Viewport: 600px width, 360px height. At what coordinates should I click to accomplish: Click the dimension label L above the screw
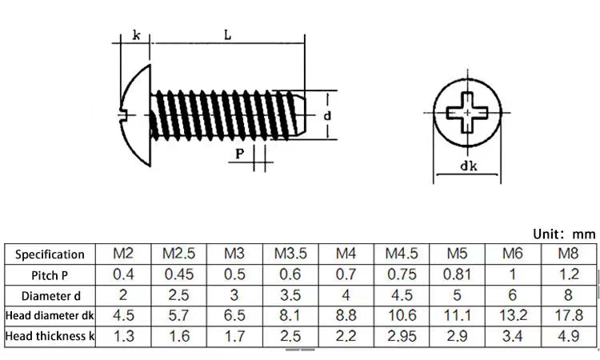[x=228, y=35]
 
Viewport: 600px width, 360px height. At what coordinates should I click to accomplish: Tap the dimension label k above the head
[x=137, y=35]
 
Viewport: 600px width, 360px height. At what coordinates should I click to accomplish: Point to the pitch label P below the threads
[x=239, y=154]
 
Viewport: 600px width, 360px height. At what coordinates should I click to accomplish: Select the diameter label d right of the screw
[x=327, y=115]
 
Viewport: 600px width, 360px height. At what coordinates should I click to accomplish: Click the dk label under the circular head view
[x=468, y=166]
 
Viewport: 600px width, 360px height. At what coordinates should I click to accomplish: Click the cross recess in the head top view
[x=467, y=113]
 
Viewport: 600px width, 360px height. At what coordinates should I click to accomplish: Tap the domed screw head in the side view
[x=134, y=115]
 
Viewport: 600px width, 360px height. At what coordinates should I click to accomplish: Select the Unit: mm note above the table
[x=565, y=234]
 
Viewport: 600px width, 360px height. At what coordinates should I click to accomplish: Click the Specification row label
[x=50, y=254]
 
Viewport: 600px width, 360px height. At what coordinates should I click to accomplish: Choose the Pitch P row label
[x=50, y=275]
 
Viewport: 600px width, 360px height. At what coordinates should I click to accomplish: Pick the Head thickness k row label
[x=50, y=336]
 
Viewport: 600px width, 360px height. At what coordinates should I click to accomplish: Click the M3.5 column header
[x=290, y=254]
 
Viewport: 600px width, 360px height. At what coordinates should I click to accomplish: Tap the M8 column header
[x=568, y=254]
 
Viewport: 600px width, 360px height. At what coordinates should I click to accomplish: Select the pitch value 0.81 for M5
[x=457, y=274]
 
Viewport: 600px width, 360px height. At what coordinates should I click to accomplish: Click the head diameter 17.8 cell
[x=569, y=315]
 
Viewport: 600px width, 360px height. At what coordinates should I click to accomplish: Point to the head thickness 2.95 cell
[x=402, y=336]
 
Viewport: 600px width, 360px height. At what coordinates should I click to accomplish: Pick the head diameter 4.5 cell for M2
[x=123, y=315]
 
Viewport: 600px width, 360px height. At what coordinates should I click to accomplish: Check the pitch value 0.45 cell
[x=179, y=274]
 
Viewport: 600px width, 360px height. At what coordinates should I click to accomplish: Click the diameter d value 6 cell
[x=512, y=295]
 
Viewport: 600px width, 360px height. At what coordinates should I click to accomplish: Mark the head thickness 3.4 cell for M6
[x=512, y=336]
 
